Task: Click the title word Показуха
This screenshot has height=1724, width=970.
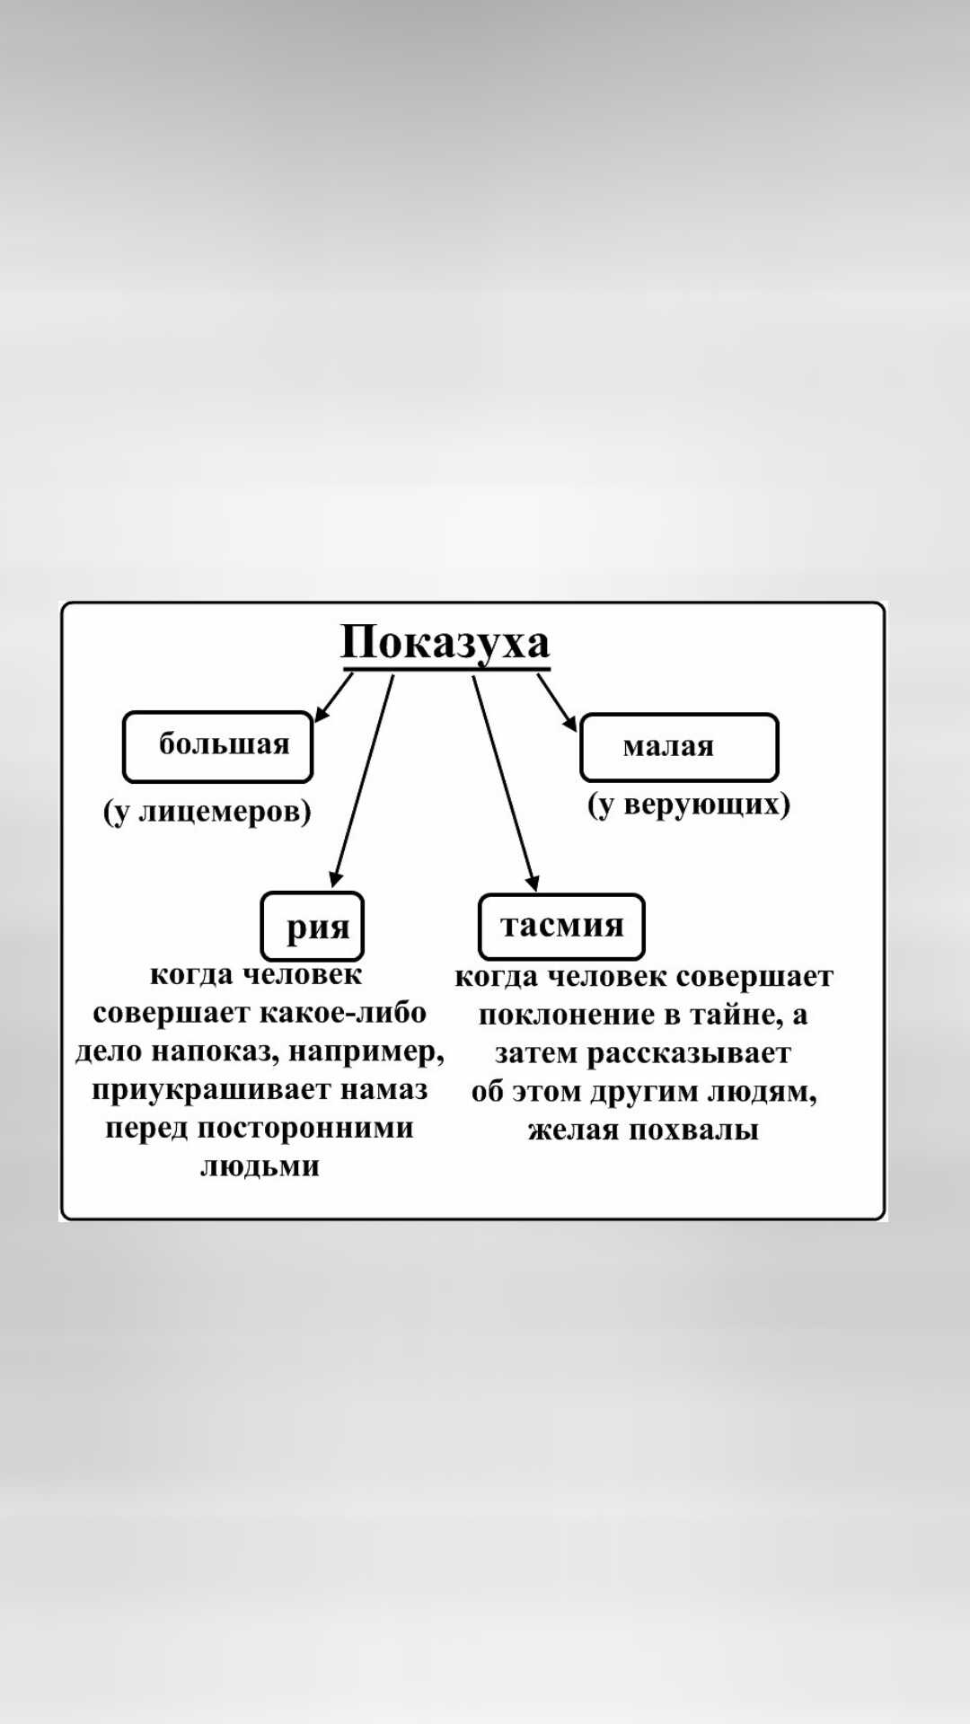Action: pyautogui.click(x=445, y=643)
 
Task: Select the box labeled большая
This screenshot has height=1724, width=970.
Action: pyautogui.click(x=217, y=746)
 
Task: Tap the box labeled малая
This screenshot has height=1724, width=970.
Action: pyautogui.click(x=679, y=747)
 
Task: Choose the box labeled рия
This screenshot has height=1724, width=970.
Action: pyautogui.click(x=313, y=927)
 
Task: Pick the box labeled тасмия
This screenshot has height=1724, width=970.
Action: pyautogui.click(x=561, y=927)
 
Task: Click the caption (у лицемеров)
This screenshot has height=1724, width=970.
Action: pyautogui.click(x=207, y=811)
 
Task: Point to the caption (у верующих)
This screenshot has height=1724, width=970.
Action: pyautogui.click(x=689, y=804)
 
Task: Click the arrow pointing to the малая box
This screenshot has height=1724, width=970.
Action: pyautogui.click(x=557, y=702)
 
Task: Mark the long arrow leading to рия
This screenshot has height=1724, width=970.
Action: pyautogui.click(x=363, y=781)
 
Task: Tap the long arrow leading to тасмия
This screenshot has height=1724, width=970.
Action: pyautogui.click(x=505, y=781)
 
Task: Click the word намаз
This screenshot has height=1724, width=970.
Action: pyautogui.click(x=384, y=1090)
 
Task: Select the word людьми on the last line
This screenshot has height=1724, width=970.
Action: pyautogui.click(x=260, y=1166)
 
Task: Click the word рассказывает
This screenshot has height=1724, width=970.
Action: pyautogui.click(x=689, y=1053)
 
